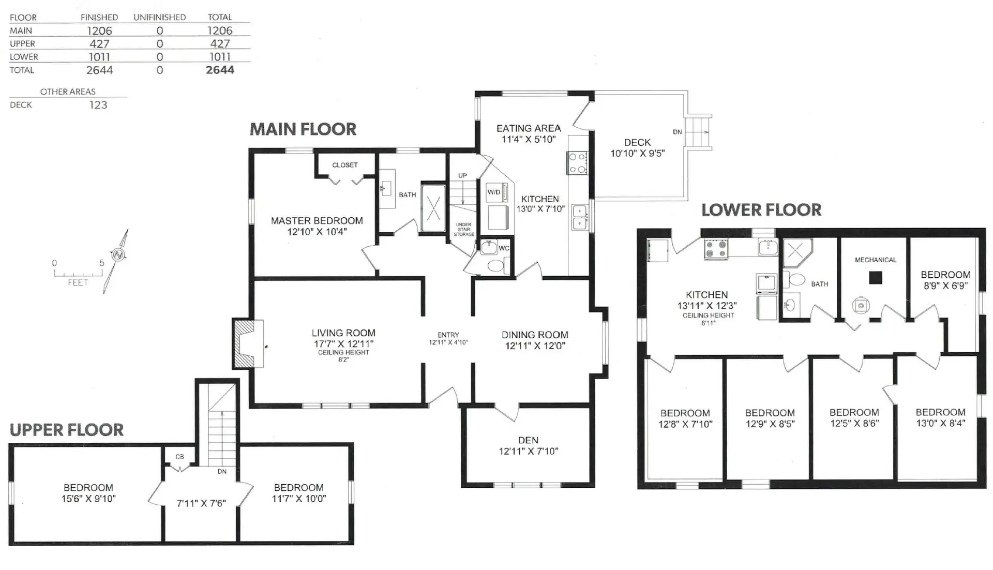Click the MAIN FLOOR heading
click(x=303, y=129)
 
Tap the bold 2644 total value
click(x=220, y=70)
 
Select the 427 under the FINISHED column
click(x=99, y=44)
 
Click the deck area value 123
click(x=98, y=105)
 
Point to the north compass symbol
click(x=118, y=254)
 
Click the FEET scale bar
click(x=78, y=274)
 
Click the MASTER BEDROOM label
click(x=317, y=221)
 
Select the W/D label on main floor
click(x=494, y=192)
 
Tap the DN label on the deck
click(x=677, y=132)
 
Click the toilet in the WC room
click(x=495, y=266)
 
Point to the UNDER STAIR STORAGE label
click(x=464, y=230)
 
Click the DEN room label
click(x=528, y=440)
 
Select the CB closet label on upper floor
click(x=179, y=457)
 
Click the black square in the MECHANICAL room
click(x=875, y=278)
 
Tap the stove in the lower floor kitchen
click(x=716, y=249)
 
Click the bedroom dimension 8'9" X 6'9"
click(x=945, y=286)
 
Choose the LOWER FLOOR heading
click(x=761, y=210)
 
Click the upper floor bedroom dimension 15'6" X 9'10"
click(x=88, y=499)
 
